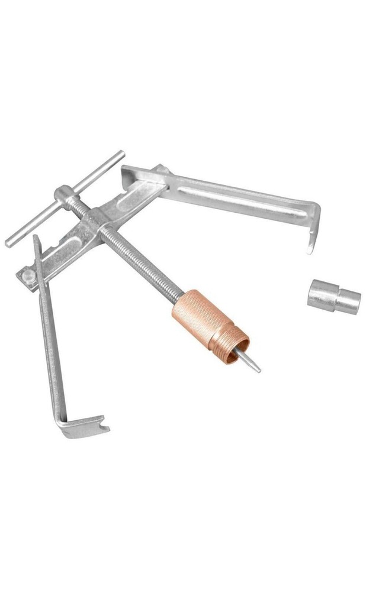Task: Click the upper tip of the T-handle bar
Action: (x=121, y=154)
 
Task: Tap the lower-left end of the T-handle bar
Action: (x=9, y=243)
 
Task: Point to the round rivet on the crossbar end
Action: (x=27, y=275)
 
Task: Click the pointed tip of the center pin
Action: (x=258, y=371)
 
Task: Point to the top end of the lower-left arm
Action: (x=37, y=239)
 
